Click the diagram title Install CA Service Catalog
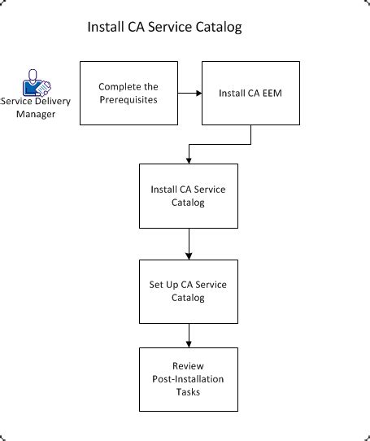[x=164, y=28]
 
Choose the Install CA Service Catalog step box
[x=189, y=195]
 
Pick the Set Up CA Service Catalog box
[x=189, y=291]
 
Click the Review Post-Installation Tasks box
[x=189, y=379]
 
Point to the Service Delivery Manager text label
[x=36, y=108]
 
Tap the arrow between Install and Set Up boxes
[x=189, y=243]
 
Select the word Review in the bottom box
[x=189, y=366]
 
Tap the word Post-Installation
[x=189, y=379]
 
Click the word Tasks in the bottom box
[x=189, y=391]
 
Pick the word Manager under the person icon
[x=36, y=115]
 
